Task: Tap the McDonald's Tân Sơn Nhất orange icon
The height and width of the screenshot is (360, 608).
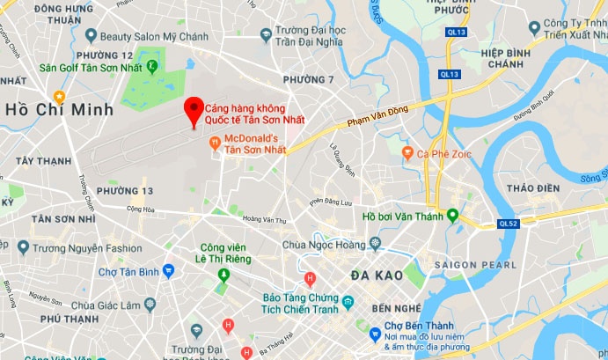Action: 215,143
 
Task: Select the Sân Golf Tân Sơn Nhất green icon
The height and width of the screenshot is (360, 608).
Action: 152,65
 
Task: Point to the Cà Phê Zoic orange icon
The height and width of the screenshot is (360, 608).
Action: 407,153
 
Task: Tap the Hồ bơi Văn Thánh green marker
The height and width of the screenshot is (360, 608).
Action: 452,214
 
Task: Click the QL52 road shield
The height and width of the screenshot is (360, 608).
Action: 509,224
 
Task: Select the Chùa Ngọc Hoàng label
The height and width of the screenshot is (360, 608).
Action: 326,244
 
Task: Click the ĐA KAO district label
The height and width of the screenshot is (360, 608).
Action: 376,275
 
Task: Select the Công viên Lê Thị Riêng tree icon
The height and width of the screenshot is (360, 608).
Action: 223,276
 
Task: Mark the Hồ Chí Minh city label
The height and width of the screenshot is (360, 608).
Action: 60,110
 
